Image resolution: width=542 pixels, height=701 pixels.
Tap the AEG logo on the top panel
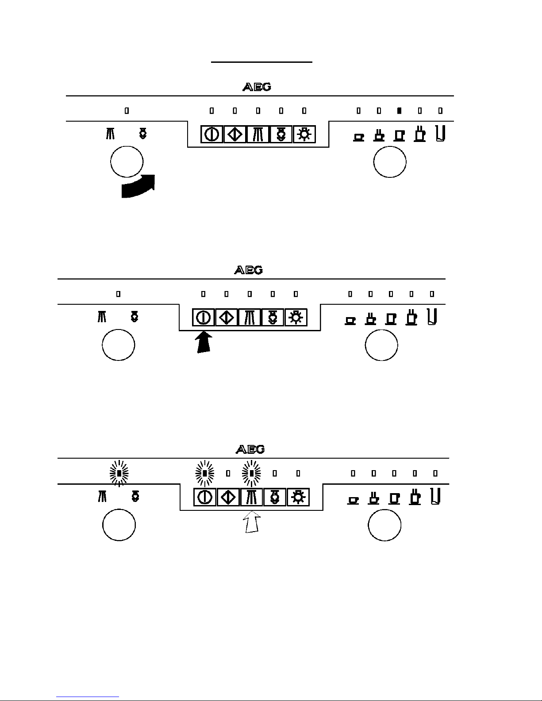257,87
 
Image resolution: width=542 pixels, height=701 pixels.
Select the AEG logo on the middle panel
248,270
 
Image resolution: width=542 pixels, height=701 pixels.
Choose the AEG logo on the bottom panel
250,449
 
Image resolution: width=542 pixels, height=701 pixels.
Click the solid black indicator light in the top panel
399,111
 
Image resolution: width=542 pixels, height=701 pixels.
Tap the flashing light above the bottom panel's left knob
119,473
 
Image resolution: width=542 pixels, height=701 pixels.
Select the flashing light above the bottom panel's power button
205,473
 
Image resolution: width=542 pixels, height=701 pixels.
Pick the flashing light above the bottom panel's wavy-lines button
251,473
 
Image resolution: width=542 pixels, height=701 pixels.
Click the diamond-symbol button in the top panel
235,134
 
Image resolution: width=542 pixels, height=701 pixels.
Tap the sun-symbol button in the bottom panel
298,498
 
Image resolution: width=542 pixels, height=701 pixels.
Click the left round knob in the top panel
127,161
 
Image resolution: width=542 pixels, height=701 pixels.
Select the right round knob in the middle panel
381,345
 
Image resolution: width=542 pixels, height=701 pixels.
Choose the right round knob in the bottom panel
384,525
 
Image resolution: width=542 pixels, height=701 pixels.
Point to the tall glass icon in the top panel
440,133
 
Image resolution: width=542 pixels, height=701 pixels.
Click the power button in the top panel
212,134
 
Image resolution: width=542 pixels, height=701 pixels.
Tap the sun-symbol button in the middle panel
296,318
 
